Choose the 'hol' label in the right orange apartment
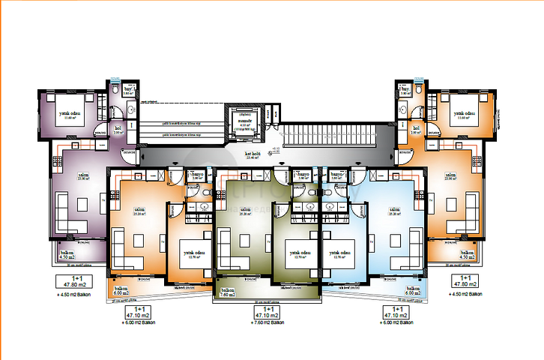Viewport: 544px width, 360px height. [x=416, y=128]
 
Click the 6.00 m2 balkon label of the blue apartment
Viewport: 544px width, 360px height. [x=413, y=293]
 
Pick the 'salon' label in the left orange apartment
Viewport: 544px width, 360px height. [x=139, y=209]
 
